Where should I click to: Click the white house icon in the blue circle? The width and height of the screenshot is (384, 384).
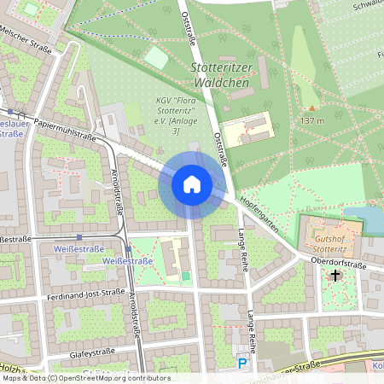192,183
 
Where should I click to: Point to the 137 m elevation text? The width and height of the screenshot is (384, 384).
312,121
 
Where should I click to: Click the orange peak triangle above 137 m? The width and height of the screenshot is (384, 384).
311,108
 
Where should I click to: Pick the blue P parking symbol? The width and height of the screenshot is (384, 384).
242,364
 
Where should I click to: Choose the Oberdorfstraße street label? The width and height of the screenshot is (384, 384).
339,265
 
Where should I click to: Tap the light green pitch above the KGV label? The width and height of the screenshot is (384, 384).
156,57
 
